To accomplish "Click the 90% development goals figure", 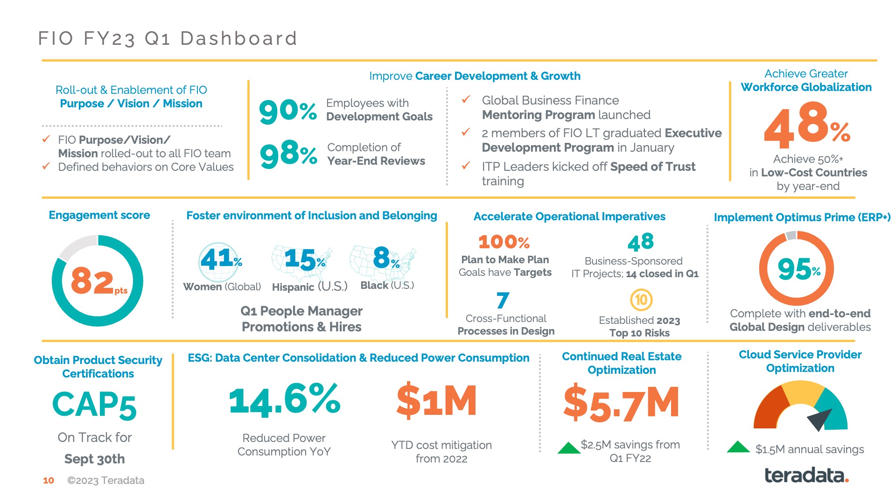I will coord(288,112).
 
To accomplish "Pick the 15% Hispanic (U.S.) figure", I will coord(304,259).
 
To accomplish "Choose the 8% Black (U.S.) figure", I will coord(385,258).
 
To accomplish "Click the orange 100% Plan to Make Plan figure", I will coord(504,242).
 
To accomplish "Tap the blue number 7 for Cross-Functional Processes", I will coord(503,300).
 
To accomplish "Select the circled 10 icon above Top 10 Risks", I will coord(641,300).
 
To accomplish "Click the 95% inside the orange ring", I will coord(798,269).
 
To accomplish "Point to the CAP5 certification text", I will coord(94,405).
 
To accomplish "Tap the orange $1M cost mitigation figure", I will coord(437,400).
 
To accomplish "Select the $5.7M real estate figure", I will coord(621,403).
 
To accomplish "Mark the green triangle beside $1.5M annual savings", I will coord(738,447).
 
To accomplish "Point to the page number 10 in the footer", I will coord(49,480).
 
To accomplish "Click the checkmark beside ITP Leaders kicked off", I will coord(466,166).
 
